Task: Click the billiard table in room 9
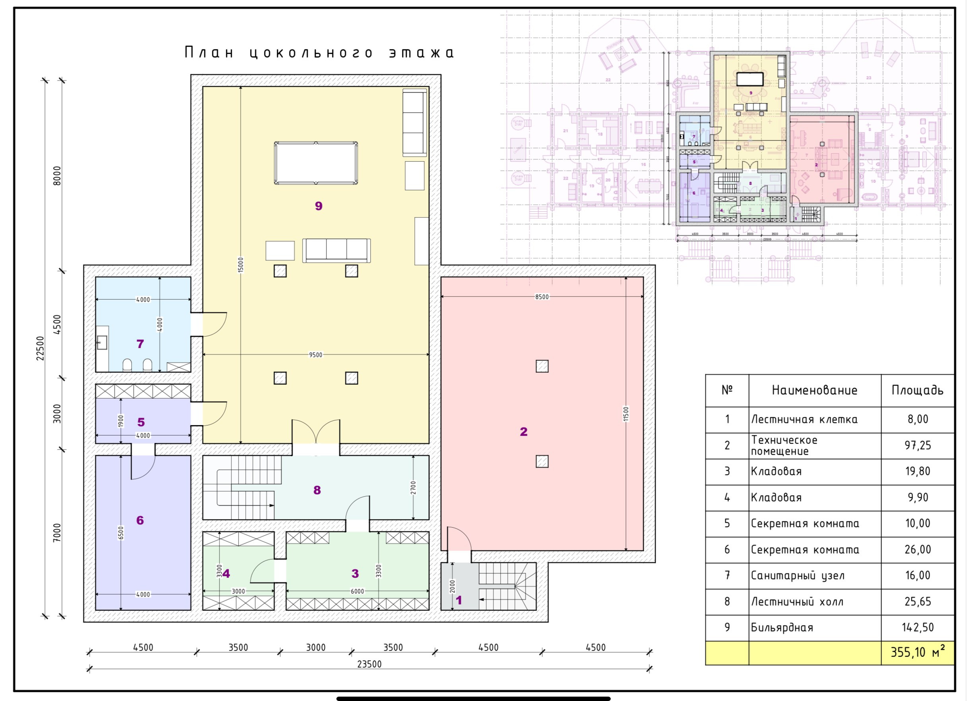tap(316, 163)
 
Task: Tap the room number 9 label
tap(318, 206)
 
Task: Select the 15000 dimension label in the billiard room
tap(241, 265)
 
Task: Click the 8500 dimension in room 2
tap(542, 296)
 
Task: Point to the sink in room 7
tap(102, 343)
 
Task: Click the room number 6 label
tap(140, 520)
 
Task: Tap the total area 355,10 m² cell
tap(917, 652)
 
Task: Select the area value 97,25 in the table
tap(918, 445)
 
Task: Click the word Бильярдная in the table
tap(782, 627)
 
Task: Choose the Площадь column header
tap(917, 390)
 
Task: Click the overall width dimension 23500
tap(369, 664)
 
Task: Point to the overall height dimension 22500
tap(40, 348)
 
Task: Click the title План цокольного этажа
tap(319, 53)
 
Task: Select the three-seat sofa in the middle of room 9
tap(336, 250)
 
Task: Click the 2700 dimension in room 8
tap(413, 488)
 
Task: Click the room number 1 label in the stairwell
tap(459, 600)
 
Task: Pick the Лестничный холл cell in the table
tap(797, 602)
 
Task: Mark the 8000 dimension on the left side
tap(57, 176)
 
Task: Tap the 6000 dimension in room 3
tap(357, 591)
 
